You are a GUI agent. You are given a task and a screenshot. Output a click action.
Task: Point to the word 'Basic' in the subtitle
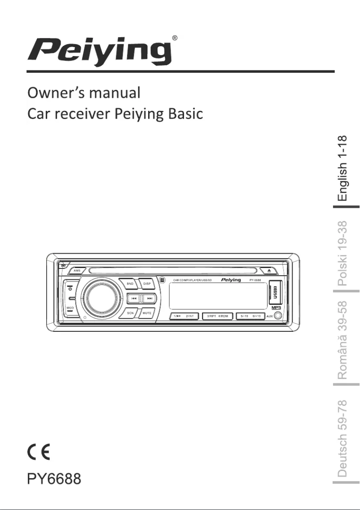(185, 114)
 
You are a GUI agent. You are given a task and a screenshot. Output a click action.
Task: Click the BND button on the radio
(130, 284)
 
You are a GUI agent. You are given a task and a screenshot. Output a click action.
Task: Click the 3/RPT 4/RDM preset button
(217, 316)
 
